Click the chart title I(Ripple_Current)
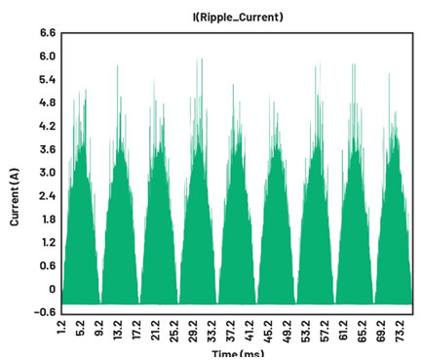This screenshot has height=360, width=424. point(238,17)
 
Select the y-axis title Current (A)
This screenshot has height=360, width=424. point(15,197)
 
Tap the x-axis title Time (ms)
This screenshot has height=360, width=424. point(238,354)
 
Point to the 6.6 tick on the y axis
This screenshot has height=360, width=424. point(48,33)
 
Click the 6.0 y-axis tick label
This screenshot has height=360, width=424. point(48,57)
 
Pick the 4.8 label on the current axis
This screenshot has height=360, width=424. point(48,102)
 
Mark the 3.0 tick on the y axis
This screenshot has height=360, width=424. point(48,173)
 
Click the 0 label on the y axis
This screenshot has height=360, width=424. point(52,289)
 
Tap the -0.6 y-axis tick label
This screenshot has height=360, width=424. point(45,312)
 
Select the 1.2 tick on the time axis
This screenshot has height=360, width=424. point(61,329)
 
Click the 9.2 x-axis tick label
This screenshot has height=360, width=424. point(99,329)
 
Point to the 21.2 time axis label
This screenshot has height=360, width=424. point(156,330)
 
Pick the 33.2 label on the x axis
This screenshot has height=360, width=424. point(212,331)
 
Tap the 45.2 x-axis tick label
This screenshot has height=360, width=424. point(268,331)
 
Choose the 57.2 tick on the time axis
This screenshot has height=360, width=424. point(325,331)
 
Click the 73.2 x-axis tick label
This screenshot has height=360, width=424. point(400,331)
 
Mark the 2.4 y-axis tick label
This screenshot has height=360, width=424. point(48,196)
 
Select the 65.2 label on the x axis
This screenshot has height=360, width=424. point(362,331)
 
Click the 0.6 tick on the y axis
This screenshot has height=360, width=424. point(48,266)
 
